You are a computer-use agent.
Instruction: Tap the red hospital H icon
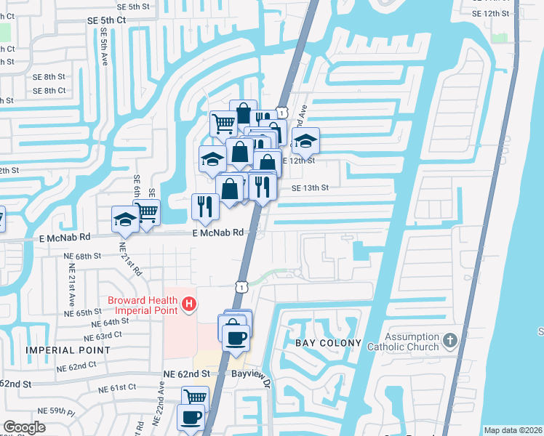click(189, 303)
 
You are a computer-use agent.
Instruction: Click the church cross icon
click(450, 339)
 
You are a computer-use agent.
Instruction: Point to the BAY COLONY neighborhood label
click(328, 342)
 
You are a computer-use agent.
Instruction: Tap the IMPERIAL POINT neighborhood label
click(68, 350)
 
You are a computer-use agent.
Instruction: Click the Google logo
click(24, 427)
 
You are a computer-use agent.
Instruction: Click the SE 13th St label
click(311, 187)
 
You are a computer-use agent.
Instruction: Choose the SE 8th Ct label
click(49, 91)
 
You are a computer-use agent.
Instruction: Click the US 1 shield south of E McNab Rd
click(241, 286)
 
